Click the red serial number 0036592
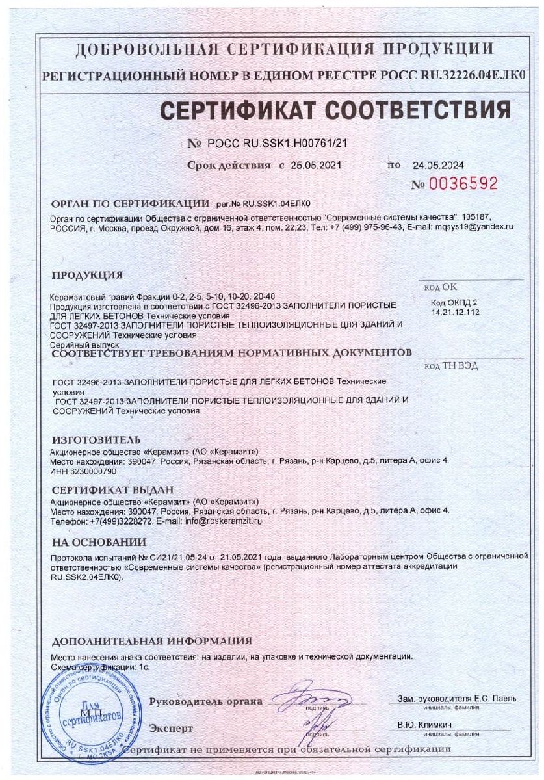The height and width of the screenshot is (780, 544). (x=463, y=184)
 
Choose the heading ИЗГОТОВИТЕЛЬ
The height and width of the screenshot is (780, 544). (x=96, y=440)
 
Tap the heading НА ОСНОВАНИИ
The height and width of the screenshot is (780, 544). (x=99, y=541)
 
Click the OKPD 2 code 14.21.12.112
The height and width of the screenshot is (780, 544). (x=454, y=313)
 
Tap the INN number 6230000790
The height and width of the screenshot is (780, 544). (x=91, y=470)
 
